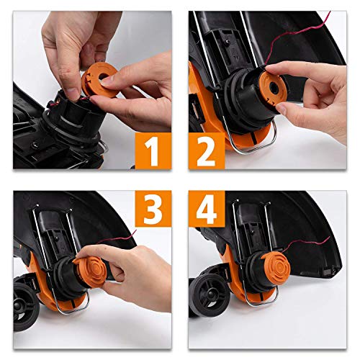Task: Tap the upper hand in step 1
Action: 72,36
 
